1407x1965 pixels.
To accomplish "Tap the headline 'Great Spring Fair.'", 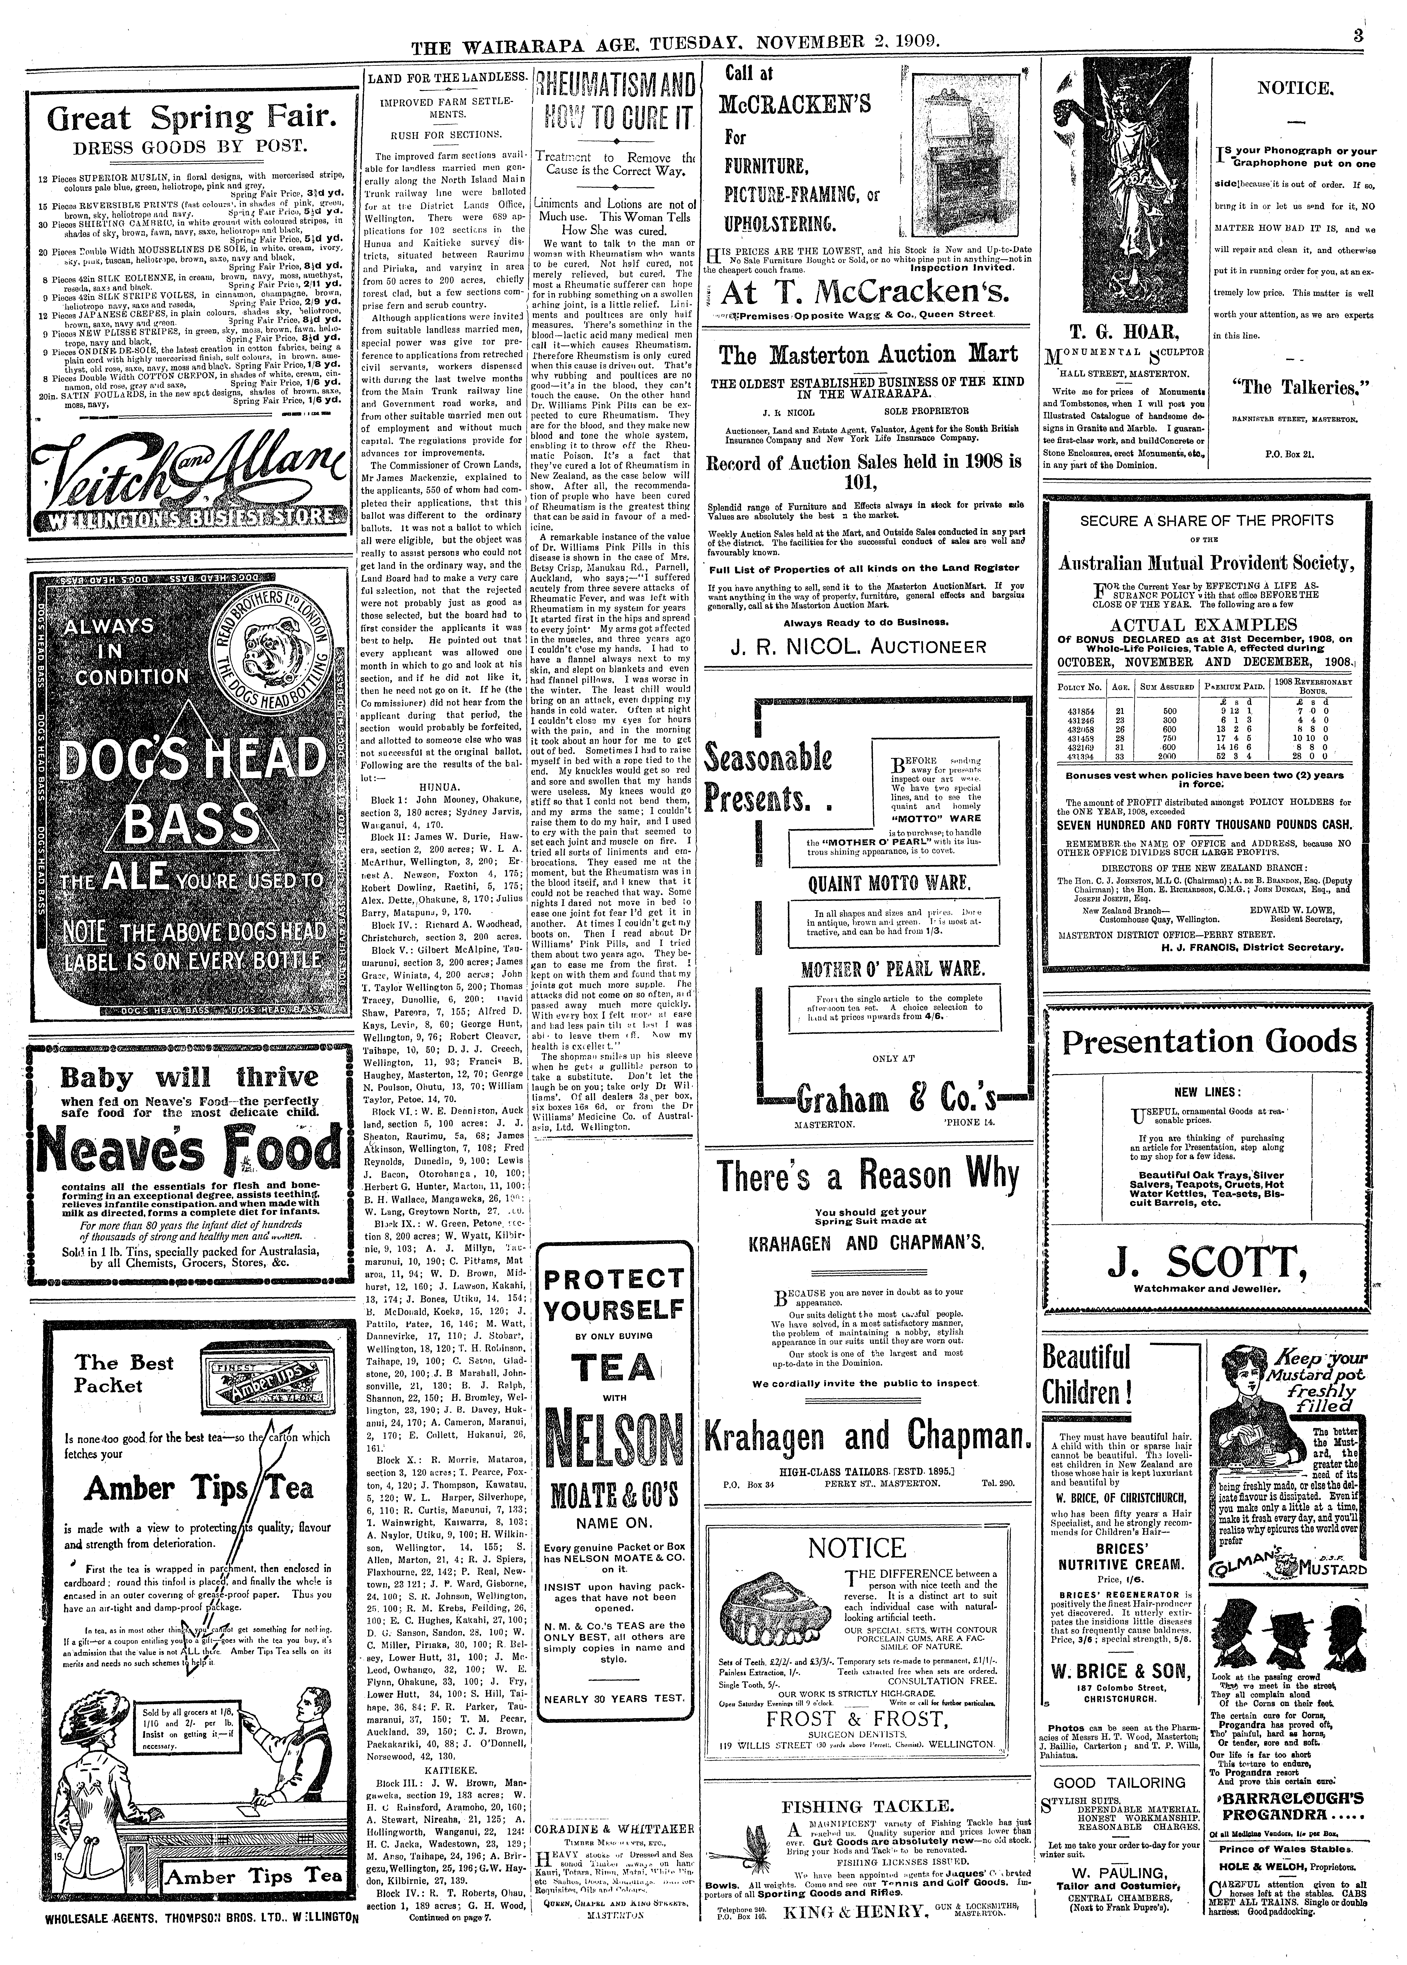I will point(180,119).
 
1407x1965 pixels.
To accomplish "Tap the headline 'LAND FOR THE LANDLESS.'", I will point(447,78).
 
